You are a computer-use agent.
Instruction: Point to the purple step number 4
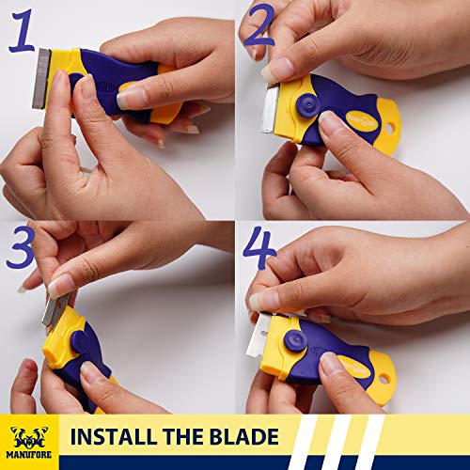point(260,247)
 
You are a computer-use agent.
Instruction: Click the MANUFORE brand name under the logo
point(32,458)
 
